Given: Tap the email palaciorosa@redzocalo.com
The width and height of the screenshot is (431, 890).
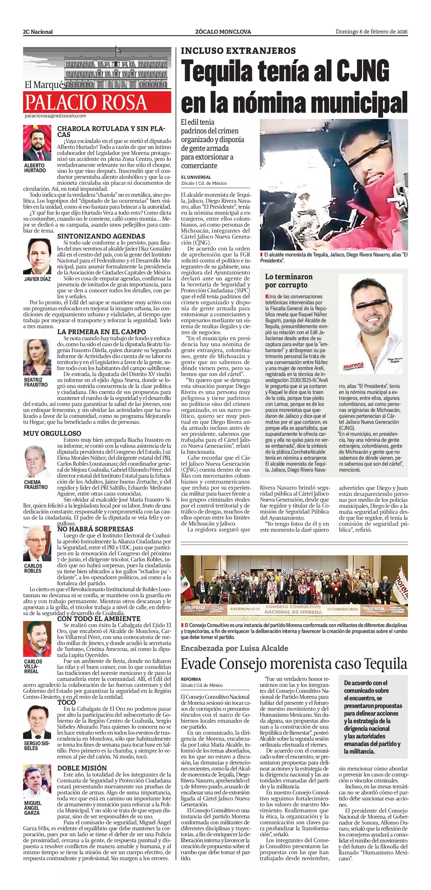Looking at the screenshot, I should (55, 116).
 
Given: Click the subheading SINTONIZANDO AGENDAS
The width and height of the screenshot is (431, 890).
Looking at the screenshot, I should (101, 236).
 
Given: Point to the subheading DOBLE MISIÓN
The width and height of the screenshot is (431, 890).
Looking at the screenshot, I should (82, 768).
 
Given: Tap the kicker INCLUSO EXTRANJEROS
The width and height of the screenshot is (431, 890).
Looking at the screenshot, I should (238, 51).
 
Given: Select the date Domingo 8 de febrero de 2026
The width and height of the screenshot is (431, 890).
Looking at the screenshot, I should (372, 32).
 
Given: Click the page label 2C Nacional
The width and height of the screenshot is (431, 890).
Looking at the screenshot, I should (38, 32).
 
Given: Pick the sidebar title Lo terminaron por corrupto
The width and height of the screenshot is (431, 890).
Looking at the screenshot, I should (288, 281).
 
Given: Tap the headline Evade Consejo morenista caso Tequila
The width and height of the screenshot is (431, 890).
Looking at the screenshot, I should (294, 664).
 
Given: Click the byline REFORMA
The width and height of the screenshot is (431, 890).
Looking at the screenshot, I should (191, 679).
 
